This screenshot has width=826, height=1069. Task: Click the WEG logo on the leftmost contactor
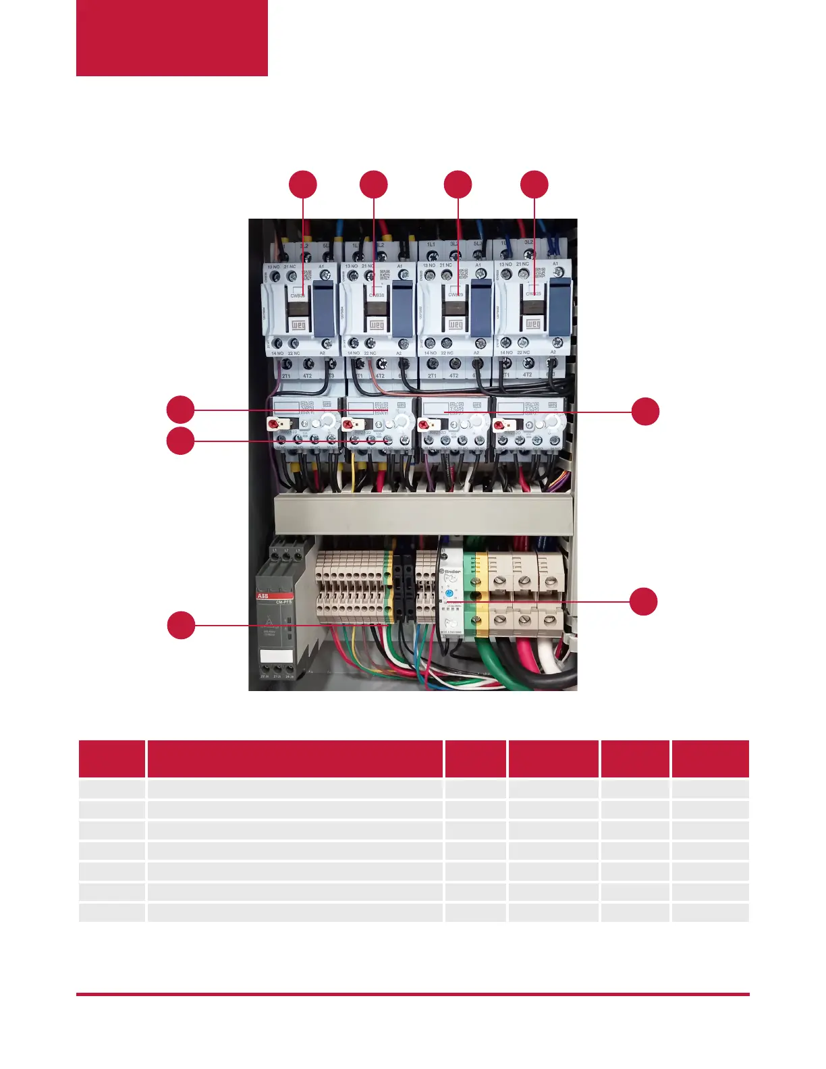tap(298, 325)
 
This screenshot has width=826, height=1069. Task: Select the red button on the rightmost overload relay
tap(499, 424)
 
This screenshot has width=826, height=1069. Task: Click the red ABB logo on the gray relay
tap(263, 597)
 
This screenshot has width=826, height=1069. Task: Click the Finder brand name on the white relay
tap(451, 571)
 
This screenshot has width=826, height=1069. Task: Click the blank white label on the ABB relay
tap(277, 656)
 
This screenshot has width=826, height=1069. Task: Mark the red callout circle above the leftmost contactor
tap(303, 185)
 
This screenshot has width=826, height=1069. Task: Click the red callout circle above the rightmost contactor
tap(534, 185)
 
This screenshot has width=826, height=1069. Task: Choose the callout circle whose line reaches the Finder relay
tap(644, 601)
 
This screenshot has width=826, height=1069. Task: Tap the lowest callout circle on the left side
tap(181, 625)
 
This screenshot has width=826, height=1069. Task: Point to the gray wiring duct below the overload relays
tap(424, 514)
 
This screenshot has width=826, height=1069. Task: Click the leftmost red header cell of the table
tap(112, 759)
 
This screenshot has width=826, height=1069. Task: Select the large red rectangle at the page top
tap(172, 38)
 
